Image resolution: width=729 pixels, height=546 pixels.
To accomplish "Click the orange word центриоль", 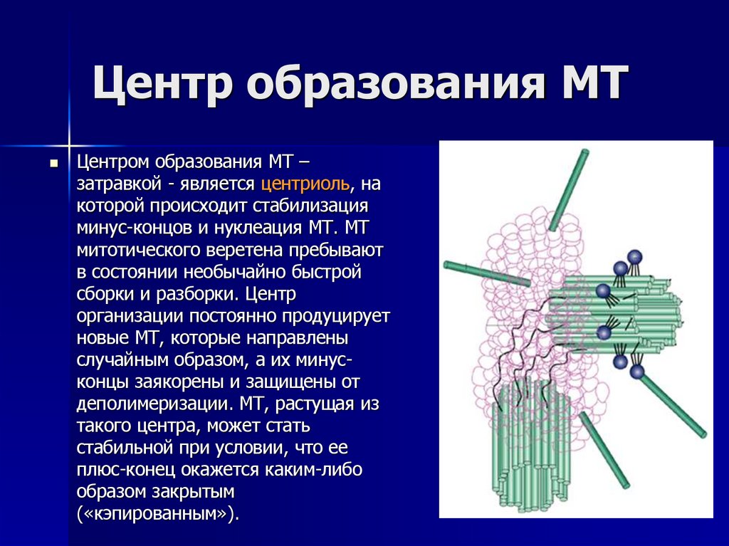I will click(x=305, y=184).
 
